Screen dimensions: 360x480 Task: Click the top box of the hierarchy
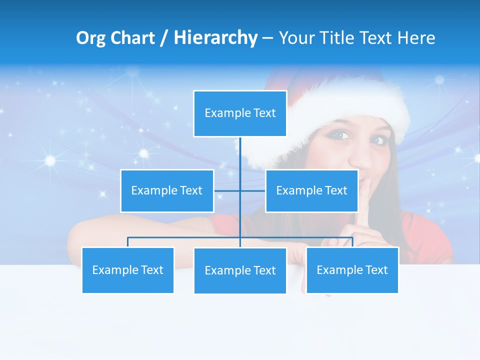click(x=240, y=113)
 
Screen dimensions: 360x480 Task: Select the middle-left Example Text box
click(x=167, y=190)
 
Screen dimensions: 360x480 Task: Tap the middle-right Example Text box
click(x=311, y=190)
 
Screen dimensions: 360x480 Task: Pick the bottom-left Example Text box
click(x=128, y=270)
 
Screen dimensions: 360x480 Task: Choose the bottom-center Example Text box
click(x=240, y=270)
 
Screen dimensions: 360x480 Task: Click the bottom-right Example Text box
click(x=352, y=270)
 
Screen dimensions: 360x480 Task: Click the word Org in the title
click(x=89, y=38)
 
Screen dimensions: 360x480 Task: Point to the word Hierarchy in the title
click(x=215, y=38)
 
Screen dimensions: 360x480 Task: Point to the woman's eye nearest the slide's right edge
click(x=378, y=140)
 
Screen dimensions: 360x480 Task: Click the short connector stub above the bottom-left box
click(x=128, y=242)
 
